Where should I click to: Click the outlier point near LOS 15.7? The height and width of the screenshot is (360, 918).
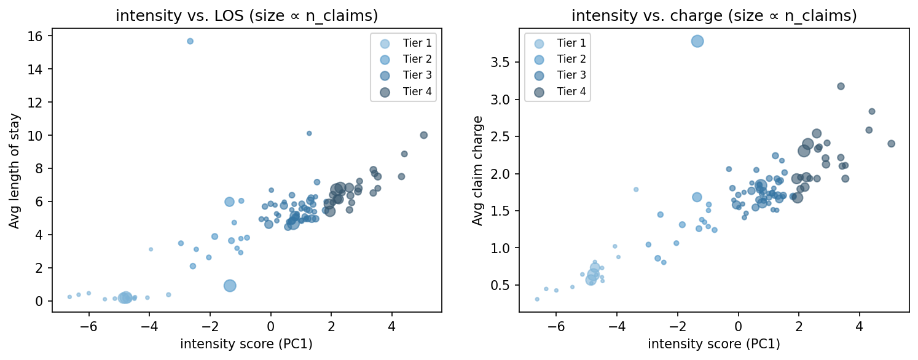pos(190,41)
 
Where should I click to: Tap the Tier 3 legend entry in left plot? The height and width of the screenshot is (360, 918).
pos(402,76)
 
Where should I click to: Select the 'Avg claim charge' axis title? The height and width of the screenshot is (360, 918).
pos(477,170)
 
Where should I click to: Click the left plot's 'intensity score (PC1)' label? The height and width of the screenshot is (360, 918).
pos(246,344)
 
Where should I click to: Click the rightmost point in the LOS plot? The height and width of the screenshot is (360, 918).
pos(423,135)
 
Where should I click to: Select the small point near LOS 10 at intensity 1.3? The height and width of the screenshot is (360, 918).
pos(309,133)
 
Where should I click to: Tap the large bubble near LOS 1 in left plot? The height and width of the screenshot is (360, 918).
pos(230,285)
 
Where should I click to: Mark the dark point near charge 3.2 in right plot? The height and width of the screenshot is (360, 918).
pos(841,86)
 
